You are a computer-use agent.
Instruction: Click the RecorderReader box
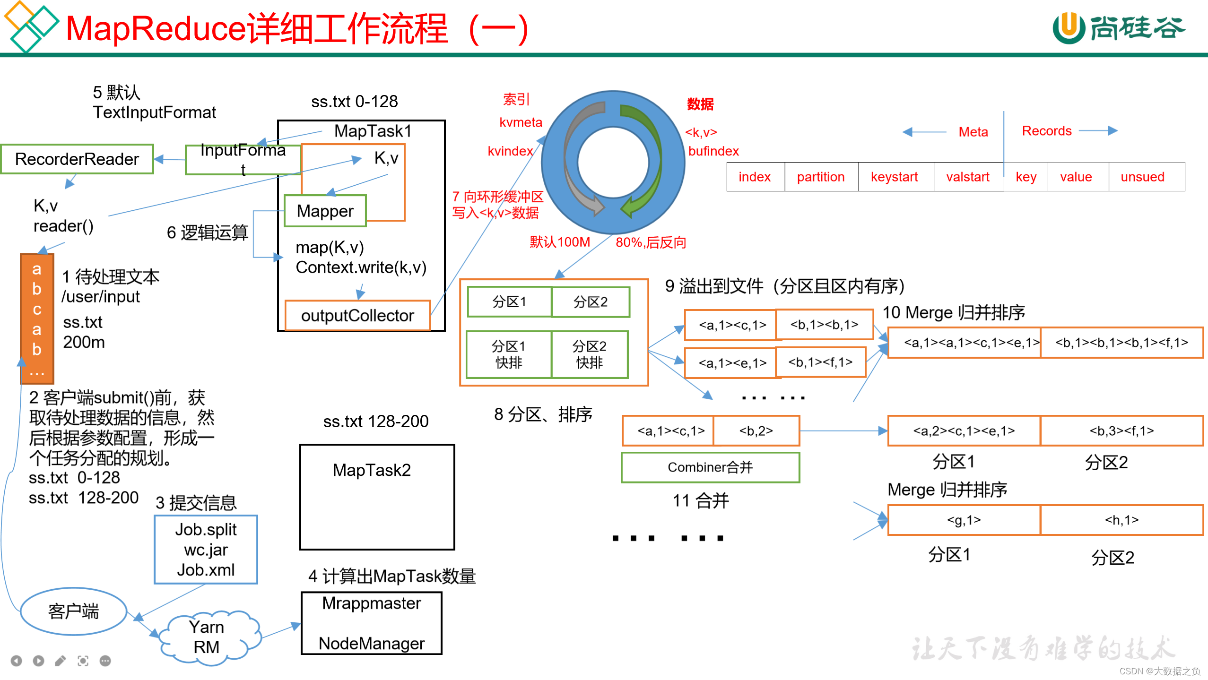pyautogui.click(x=77, y=159)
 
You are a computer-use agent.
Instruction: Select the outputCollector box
pyautogui.click(x=357, y=316)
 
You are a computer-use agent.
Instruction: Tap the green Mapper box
pyautogui.click(x=325, y=211)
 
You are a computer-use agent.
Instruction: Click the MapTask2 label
pyautogui.click(x=372, y=470)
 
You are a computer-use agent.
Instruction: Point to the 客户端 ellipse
pyautogui.click(x=73, y=611)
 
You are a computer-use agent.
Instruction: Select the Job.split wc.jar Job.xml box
pyautogui.click(x=206, y=550)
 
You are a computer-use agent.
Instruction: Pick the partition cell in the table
pyautogui.click(x=821, y=177)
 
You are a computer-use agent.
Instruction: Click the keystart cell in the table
pyautogui.click(x=895, y=177)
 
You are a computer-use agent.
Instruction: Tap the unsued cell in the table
pyautogui.click(x=1142, y=177)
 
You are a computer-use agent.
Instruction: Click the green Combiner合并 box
pyautogui.click(x=710, y=467)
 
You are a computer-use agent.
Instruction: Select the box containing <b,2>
pyautogui.click(x=756, y=431)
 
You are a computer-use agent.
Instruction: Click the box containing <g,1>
pyautogui.click(x=964, y=520)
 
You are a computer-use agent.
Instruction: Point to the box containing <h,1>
pyautogui.click(x=1121, y=520)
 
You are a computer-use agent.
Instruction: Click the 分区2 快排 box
pyautogui.click(x=589, y=354)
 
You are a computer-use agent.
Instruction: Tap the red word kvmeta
pyautogui.click(x=521, y=122)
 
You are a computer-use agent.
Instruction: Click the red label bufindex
pyautogui.click(x=713, y=151)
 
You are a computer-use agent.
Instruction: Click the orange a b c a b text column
pyautogui.click(x=37, y=319)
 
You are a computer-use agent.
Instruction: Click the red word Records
pyautogui.click(x=1046, y=131)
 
